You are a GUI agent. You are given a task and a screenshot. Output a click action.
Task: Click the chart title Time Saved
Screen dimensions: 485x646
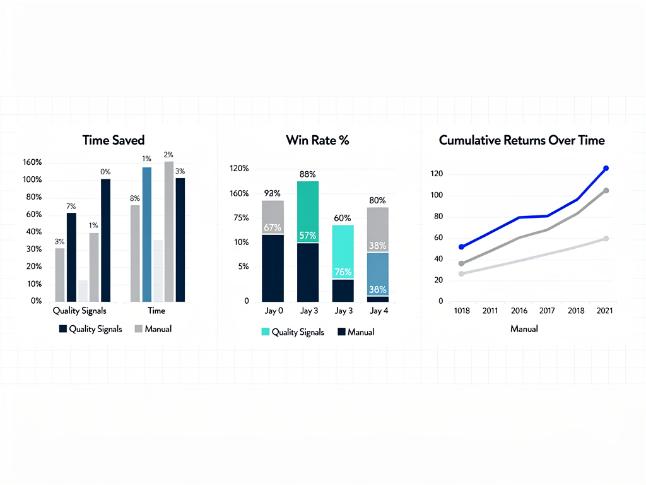tap(114, 140)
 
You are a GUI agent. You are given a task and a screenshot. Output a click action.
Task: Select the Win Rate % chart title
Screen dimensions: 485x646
tap(317, 140)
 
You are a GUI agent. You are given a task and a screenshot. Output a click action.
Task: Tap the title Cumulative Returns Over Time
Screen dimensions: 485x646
tap(522, 140)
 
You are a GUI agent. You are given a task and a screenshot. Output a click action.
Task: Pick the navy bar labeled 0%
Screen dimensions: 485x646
tap(105, 240)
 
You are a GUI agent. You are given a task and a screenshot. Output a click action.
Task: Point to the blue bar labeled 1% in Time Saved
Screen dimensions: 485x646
tap(146, 234)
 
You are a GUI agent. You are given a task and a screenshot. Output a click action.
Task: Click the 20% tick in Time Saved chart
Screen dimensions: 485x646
tap(32, 266)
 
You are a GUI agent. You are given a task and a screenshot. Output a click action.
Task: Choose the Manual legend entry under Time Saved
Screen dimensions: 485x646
tap(153, 329)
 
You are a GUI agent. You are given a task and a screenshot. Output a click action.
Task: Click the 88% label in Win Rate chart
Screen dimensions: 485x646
tap(308, 174)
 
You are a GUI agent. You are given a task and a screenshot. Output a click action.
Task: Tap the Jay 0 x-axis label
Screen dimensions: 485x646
tap(273, 311)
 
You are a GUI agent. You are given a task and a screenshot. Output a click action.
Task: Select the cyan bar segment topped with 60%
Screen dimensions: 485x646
tap(343, 252)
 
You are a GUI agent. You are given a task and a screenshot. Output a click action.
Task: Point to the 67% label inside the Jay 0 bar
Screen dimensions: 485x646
tap(273, 227)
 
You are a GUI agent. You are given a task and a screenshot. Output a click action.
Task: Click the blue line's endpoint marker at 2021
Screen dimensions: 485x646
tap(606, 168)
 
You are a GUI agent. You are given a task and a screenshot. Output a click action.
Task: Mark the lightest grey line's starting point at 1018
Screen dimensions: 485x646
tap(461, 273)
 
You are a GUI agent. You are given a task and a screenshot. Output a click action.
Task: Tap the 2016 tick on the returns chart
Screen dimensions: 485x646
tap(519, 311)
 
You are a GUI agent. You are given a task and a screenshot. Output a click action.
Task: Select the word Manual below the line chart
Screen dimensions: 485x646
tap(524, 329)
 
